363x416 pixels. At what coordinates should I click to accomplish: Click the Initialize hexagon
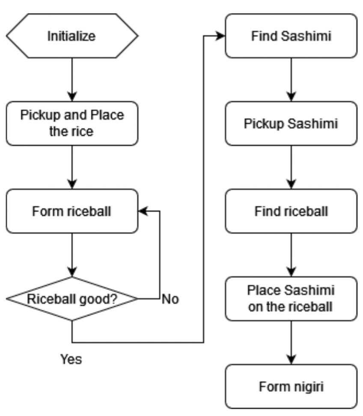coord(72,36)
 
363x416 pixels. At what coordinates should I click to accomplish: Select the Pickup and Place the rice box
coord(72,123)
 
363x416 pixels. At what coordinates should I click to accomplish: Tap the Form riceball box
coord(72,211)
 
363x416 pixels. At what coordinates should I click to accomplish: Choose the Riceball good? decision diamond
coord(72,299)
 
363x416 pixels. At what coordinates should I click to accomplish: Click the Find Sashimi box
coord(291,36)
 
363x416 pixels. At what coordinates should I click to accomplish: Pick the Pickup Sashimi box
coord(291,123)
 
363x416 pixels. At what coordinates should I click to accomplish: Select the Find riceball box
coord(291,211)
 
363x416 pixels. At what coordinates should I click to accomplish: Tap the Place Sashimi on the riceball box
coord(291,299)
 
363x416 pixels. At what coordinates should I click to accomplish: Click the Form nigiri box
coord(291,386)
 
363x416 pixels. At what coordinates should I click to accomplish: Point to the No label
coord(170,299)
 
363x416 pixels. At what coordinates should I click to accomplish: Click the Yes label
coord(71,360)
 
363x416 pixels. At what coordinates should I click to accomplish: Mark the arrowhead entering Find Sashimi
coord(221,36)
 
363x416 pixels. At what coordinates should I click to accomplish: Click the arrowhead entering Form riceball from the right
coord(143,211)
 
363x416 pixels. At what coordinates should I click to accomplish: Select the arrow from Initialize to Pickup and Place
coord(72,80)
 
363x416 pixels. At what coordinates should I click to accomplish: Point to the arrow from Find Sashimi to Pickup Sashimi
coord(292,80)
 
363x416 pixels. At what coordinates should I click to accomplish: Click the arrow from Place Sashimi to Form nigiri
coord(292,342)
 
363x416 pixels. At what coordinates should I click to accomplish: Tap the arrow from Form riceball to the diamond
coord(72,255)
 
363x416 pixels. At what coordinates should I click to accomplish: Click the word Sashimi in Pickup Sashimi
coord(313,124)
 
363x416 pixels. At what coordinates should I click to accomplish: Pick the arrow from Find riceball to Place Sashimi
coord(292,255)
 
